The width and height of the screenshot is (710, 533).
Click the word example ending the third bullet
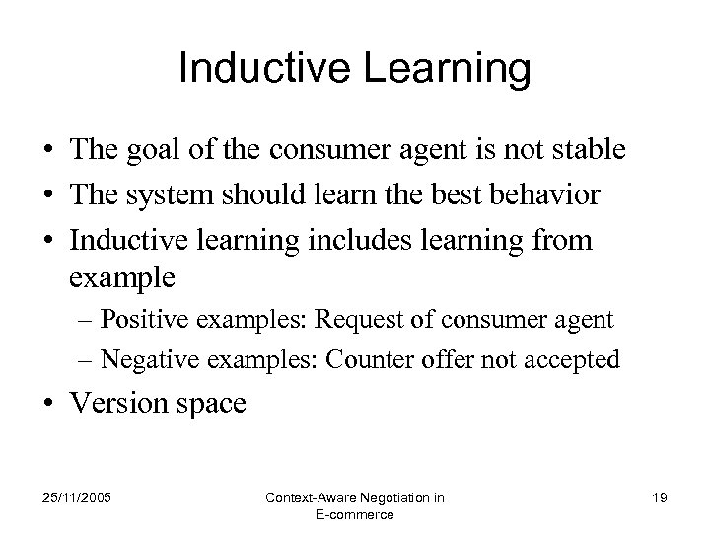[123, 278]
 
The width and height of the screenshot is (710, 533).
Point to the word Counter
[390, 360]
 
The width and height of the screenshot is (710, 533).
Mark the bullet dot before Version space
[48, 405]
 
